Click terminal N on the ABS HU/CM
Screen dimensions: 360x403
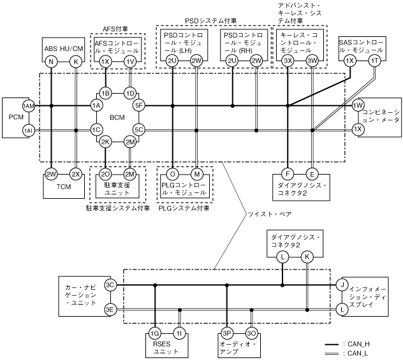coord(51,62)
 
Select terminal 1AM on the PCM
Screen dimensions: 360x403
coord(28,105)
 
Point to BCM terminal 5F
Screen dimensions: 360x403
coord(140,105)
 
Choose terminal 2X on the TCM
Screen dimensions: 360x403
coord(76,173)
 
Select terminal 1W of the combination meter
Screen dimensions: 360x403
coord(358,105)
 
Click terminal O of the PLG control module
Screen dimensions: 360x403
coord(173,173)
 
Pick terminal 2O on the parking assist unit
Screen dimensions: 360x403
coord(106,173)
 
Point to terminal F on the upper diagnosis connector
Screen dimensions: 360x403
coord(288,173)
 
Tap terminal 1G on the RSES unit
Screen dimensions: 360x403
coord(155,333)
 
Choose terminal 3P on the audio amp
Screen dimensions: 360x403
coord(227,333)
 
